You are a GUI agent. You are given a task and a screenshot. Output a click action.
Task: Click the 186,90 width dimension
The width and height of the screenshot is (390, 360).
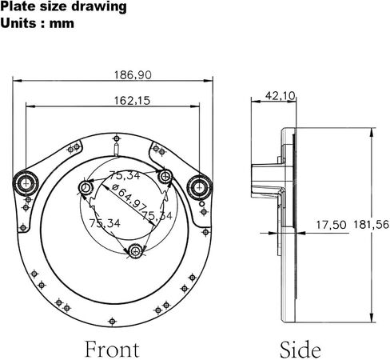[133, 75]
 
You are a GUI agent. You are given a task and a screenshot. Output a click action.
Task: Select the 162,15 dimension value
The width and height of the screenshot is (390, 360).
[132, 101]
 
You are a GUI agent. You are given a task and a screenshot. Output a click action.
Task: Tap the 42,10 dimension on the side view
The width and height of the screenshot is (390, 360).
[281, 95]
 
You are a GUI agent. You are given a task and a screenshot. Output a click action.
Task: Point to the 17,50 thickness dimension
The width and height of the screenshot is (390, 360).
[331, 225]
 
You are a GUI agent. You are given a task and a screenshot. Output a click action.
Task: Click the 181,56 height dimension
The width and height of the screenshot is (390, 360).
[371, 225]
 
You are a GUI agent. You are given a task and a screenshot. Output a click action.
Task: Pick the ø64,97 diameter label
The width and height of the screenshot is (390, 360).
[129, 197]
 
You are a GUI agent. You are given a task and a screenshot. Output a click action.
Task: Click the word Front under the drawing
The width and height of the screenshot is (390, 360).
[112, 349]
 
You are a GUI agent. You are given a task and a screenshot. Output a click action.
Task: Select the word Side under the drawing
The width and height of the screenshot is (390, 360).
[300, 350]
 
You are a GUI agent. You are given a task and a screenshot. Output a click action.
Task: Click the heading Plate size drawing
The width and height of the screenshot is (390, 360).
[63, 6]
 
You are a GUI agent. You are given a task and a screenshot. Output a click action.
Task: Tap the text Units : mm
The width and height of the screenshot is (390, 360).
[37, 23]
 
